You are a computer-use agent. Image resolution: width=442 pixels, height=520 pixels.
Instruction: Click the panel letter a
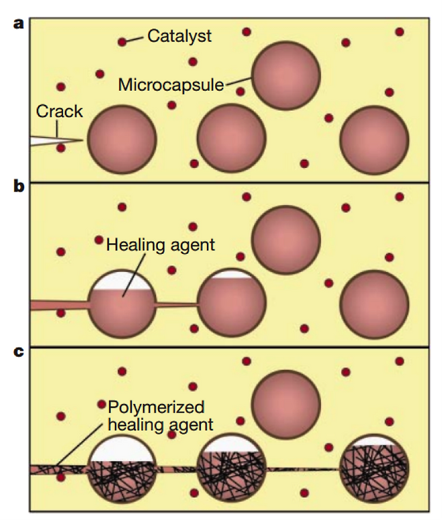(19, 24)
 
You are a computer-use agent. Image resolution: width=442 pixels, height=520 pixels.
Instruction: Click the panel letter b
(19, 186)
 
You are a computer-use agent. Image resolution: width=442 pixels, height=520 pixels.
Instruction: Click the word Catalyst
(179, 36)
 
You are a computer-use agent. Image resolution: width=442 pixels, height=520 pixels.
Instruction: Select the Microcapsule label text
(172, 85)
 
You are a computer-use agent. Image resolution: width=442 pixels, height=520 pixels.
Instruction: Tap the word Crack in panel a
(60, 111)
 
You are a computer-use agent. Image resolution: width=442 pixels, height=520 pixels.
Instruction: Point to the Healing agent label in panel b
(161, 245)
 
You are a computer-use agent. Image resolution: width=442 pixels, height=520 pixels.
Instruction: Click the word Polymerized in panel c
(156, 408)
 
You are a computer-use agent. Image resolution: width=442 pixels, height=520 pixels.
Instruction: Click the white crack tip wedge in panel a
(50, 141)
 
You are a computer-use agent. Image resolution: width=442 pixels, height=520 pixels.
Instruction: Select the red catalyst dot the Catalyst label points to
(122, 42)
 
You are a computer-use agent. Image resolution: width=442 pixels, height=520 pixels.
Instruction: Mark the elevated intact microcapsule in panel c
(285, 402)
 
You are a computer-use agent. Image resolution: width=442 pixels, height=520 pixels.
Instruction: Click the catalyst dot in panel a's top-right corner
(400, 32)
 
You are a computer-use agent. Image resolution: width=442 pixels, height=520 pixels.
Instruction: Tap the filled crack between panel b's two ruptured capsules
(177, 305)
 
